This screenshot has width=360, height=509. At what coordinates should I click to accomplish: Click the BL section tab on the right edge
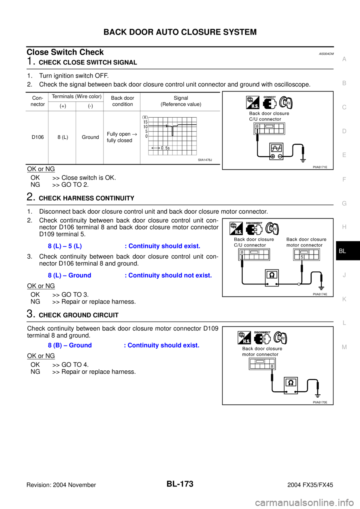coord(342,251)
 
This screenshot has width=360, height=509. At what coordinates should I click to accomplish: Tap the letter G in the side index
coord(344,203)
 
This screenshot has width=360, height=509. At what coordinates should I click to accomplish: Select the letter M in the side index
coord(344,347)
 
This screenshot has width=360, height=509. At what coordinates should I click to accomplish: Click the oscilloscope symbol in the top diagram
coord(276,151)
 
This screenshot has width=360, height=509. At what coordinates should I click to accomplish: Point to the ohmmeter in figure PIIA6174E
coord(272,278)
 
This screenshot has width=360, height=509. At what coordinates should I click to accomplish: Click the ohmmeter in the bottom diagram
coord(291,385)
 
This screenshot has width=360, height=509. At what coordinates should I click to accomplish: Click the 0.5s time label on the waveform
coord(165,148)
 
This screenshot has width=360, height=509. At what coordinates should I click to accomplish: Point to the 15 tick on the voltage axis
coord(145,122)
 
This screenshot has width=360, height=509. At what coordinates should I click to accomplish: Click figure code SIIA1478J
coord(205,160)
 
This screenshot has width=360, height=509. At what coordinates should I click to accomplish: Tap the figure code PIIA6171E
coord(320,167)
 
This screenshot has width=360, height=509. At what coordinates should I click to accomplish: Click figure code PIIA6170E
coord(320,402)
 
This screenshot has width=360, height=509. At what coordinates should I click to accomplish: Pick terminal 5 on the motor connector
coord(301,257)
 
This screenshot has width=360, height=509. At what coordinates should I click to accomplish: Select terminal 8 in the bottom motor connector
coord(271,366)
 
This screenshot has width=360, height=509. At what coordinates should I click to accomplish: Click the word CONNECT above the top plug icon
coord(269,97)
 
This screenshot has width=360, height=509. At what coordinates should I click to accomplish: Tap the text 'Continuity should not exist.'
coord(170,275)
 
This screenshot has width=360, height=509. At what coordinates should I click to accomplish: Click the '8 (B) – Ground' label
coord(70,346)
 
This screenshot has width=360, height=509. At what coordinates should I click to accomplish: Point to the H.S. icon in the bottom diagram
coord(244,338)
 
